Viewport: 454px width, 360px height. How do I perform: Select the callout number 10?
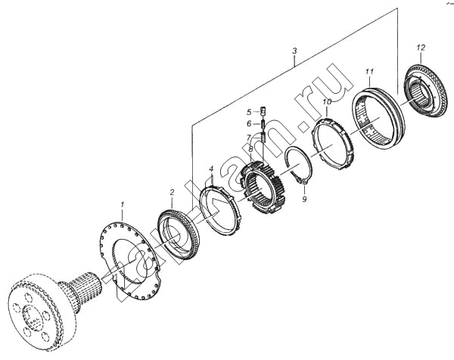(x=327, y=101)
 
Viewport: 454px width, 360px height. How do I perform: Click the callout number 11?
(x=368, y=72)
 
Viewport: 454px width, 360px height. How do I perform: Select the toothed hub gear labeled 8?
(x=263, y=190)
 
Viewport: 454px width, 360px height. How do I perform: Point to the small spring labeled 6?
(x=263, y=124)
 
